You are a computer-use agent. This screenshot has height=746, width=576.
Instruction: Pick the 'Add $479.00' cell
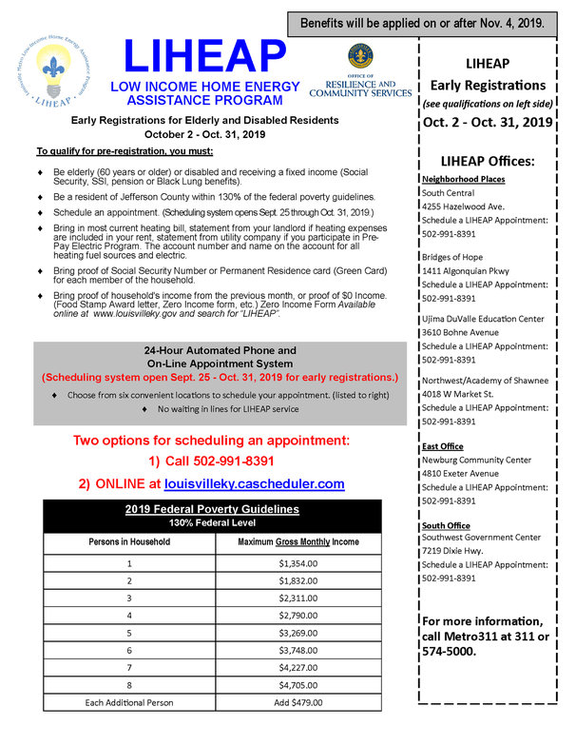pyautogui.click(x=298, y=702)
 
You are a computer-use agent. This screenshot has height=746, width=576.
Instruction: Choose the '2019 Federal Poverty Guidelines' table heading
pyautogui.click(x=212, y=509)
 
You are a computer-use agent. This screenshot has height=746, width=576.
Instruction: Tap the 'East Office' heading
pyautogui.click(x=442, y=445)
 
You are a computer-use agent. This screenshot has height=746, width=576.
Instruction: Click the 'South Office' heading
pyautogui.click(x=445, y=525)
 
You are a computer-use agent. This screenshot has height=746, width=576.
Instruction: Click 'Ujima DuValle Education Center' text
pyautogui.click(x=483, y=319)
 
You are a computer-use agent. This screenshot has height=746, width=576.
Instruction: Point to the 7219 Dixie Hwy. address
pyautogui.click(x=460, y=551)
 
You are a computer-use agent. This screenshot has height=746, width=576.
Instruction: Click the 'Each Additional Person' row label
pyautogui.click(x=129, y=702)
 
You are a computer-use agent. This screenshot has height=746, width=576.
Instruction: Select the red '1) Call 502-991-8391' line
pyautogui.click(x=211, y=461)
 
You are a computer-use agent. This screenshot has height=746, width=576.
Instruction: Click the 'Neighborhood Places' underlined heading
pyautogui.click(x=463, y=179)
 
